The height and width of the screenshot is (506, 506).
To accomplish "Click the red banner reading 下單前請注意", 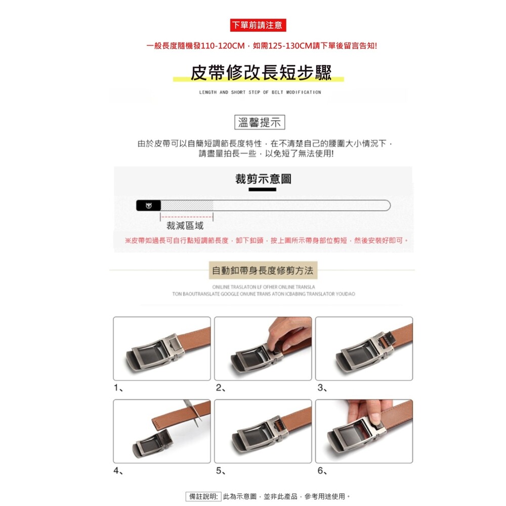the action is (258, 25).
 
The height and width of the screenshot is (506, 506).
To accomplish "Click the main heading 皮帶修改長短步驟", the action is (261, 72).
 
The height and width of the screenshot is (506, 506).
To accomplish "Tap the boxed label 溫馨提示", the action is (260, 122).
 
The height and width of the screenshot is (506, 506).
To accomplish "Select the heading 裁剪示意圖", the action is (263, 179).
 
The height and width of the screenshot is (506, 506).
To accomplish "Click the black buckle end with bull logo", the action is (148, 205).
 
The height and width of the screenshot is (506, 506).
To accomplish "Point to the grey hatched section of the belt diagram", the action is (187, 205).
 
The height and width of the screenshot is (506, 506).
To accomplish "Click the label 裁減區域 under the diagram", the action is (185, 226).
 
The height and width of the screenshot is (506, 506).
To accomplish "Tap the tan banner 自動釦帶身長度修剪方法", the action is (263, 270).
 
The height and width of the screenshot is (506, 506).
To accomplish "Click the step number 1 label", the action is (118, 388).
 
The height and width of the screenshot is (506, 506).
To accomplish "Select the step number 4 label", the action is (118, 471).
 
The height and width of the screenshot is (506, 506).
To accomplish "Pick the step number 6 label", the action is (322, 471).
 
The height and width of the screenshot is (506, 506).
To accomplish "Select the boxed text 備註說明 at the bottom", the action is (203, 496).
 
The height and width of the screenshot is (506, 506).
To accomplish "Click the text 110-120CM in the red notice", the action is (223, 46).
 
